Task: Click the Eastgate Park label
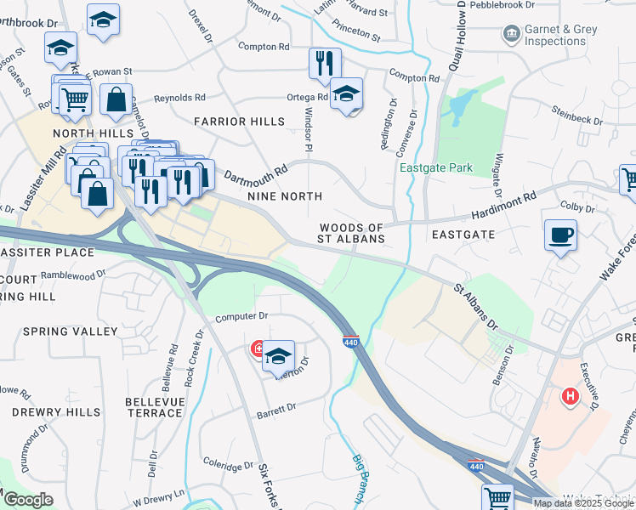[436, 167]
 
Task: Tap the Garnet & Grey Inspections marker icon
[512, 34]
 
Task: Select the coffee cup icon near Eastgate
[561, 235]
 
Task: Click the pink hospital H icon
[571, 395]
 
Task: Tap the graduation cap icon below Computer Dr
[278, 357]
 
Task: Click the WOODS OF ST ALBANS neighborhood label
[352, 234]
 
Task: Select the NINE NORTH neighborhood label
[284, 196]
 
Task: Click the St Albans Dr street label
[474, 308]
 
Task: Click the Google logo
[28, 501]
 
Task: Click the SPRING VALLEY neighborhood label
[71, 331]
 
